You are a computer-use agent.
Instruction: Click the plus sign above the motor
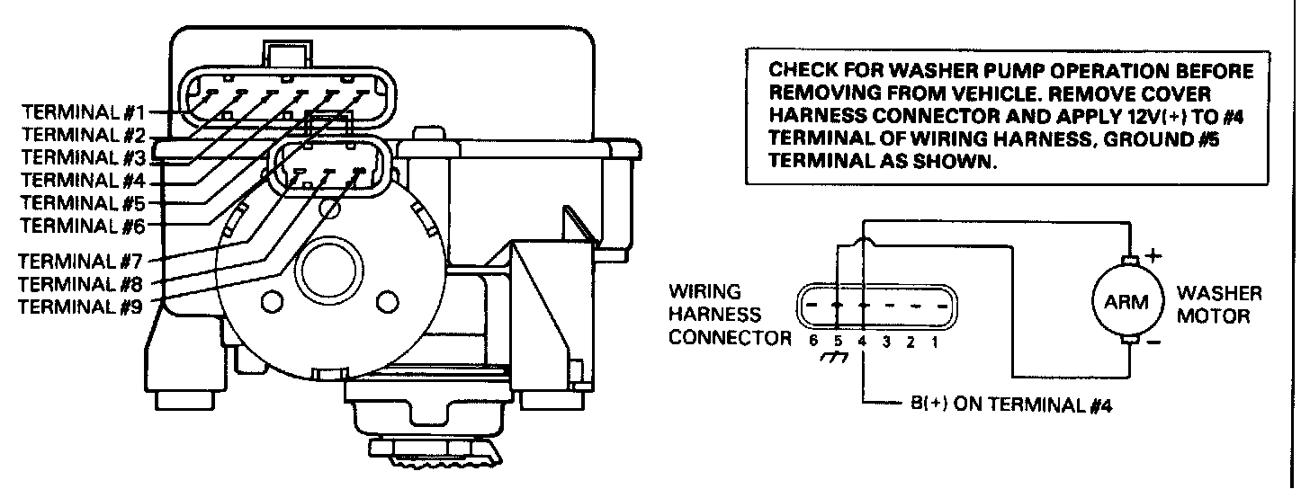pos(1153,254)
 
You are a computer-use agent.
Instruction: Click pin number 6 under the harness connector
pos(812,342)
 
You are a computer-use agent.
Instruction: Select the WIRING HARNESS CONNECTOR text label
pos(727,316)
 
